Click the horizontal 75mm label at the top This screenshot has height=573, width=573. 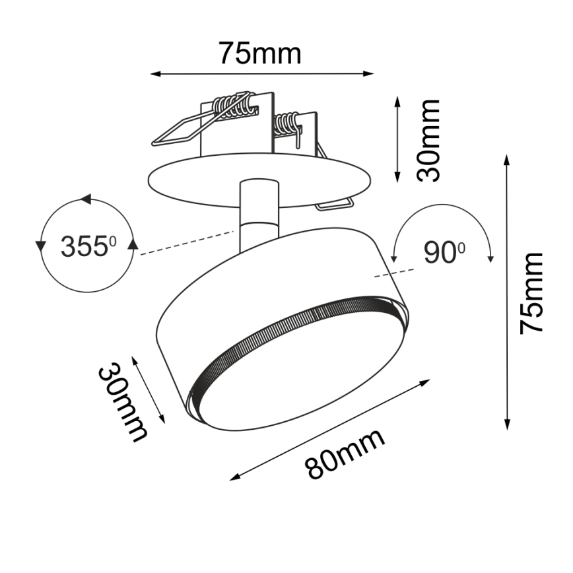coord(260,53)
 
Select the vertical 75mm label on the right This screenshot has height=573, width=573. coord(531,292)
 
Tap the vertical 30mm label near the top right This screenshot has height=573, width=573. coord(430,140)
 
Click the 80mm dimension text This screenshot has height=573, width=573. coord(345,455)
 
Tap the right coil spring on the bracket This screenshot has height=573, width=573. coord(287,124)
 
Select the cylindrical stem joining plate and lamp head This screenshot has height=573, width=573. coord(259,215)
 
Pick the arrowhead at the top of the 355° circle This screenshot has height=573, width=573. coord(84,199)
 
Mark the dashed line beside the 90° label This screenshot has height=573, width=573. coord(396,272)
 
